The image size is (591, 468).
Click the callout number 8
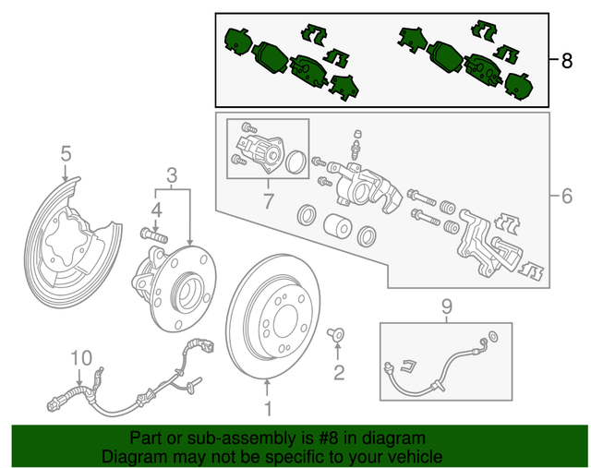tap(566, 60)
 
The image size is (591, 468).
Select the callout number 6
tap(566, 196)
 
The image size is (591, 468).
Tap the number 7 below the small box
tap(268, 201)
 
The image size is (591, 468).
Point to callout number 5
tap(66, 154)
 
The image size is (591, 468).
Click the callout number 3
tap(172, 175)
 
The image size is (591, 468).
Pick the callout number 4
tap(156, 210)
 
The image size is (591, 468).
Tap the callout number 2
tap(339, 372)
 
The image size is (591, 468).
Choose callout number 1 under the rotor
tap(268, 409)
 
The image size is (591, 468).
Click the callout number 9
tap(446, 307)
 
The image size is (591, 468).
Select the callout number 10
tap(81, 357)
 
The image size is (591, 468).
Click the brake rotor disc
tap(273, 316)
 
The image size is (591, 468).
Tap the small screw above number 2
tap(335, 333)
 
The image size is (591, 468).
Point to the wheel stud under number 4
tap(154, 234)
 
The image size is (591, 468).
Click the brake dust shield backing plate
tap(72, 243)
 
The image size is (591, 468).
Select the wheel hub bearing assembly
tap(175, 288)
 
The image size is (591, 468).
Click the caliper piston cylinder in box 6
tap(338, 226)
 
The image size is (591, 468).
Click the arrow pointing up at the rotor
tap(267, 388)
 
